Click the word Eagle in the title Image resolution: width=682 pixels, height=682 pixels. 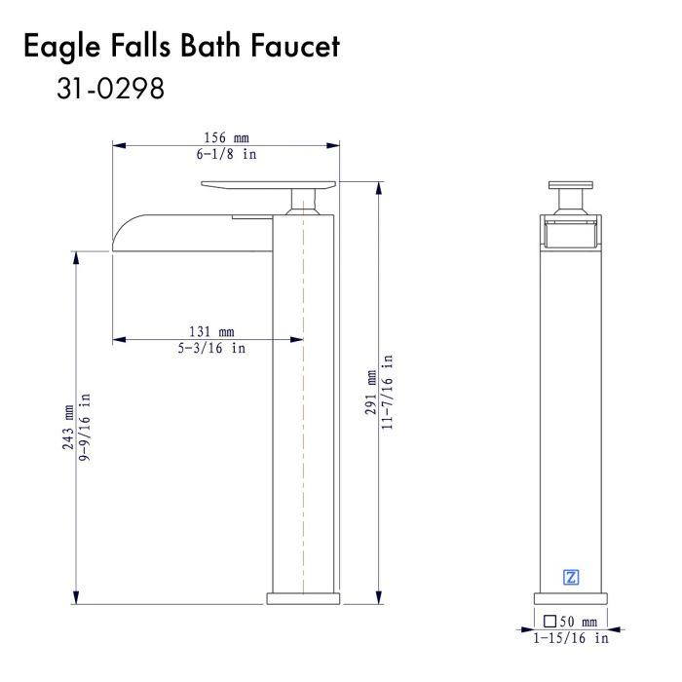point(61,47)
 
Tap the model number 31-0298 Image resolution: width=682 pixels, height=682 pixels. point(110,89)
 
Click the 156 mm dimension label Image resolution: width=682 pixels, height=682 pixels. point(227,138)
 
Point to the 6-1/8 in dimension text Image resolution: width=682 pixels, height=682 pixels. point(227,154)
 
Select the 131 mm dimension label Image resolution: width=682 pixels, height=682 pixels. point(211,332)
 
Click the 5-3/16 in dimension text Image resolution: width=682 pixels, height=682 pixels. point(211,348)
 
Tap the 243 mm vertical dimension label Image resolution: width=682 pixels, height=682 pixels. point(68,427)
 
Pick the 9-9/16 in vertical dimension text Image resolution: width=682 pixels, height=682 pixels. point(85,427)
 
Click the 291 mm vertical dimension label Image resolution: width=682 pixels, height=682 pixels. point(370,393)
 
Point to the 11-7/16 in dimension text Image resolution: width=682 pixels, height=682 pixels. point(387,393)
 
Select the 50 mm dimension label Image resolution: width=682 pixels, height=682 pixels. point(578,622)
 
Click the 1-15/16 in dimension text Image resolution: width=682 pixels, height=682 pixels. point(571,638)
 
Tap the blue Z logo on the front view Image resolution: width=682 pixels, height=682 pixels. point(571,577)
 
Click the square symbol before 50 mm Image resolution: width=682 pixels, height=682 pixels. point(550,622)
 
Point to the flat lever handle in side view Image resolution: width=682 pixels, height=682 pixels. point(268,185)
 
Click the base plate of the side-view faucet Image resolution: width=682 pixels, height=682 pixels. point(303,598)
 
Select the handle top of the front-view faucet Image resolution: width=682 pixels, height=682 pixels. point(571,185)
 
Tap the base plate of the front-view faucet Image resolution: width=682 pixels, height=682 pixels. point(571,598)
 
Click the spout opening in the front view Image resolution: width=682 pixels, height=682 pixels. point(571,234)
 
